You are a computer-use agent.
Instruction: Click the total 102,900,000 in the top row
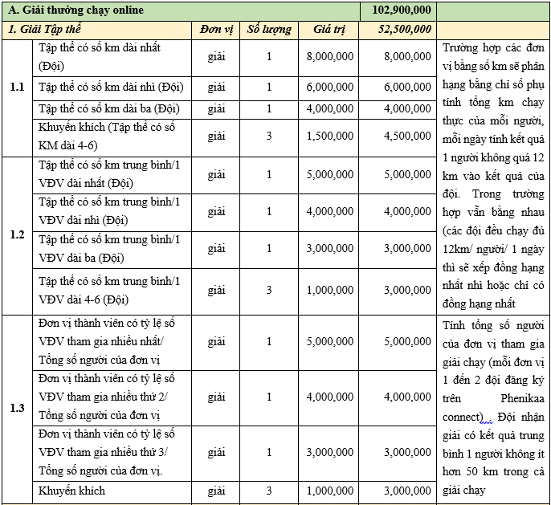(x=402, y=10)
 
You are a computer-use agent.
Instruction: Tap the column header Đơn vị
(x=216, y=29)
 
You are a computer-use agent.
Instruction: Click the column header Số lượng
(x=268, y=29)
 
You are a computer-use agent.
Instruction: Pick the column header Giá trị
(x=329, y=29)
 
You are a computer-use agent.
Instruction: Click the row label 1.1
(x=17, y=86)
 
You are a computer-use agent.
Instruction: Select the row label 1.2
(x=17, y=234)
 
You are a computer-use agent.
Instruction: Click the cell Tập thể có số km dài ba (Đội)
(x=108, y=108)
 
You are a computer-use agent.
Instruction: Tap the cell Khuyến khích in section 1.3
(x=71, y=491)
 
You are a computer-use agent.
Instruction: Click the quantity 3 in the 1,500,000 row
(x=269, y=136)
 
